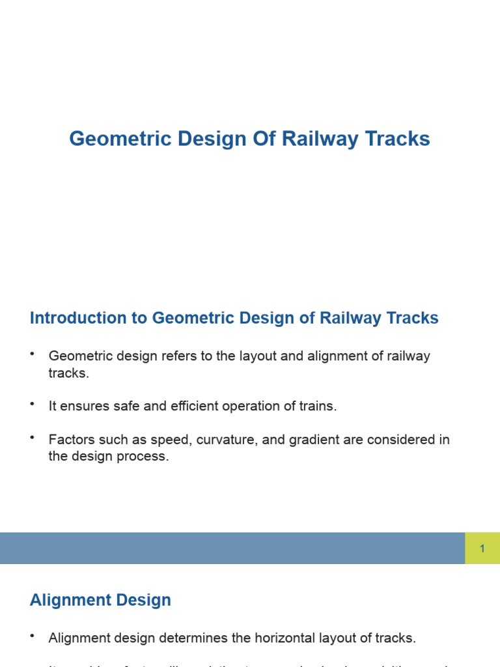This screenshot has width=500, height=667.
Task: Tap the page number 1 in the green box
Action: [482, 548]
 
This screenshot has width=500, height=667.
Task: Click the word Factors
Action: [70, 440]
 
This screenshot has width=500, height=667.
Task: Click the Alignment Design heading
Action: [100, 600]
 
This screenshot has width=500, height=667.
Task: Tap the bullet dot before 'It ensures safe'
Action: [32, 404]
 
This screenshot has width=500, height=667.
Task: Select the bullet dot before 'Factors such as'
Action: [32, 438]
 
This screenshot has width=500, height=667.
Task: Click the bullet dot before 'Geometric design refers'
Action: [32, 354]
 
